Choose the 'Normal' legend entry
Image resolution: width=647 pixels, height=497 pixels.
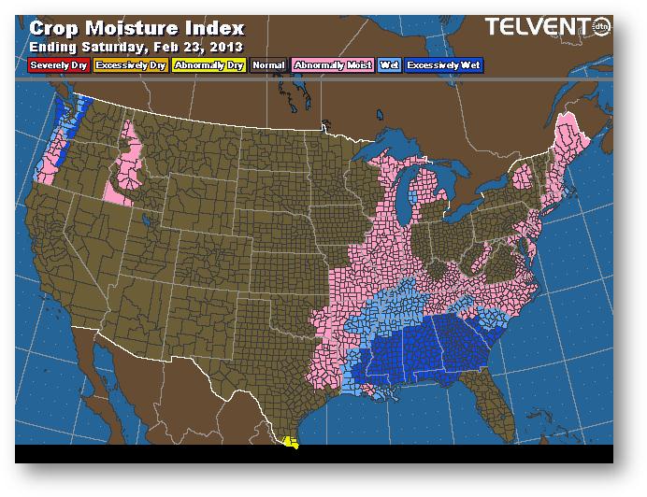point(268,65)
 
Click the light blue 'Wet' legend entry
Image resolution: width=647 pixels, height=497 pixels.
point(388,65)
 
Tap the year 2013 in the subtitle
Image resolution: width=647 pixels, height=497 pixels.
point(227,46)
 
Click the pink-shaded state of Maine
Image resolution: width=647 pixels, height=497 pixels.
point(570,140)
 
